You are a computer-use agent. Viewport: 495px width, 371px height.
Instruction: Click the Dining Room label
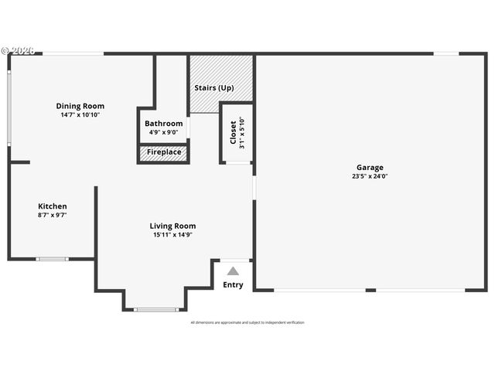[x=80, y=106]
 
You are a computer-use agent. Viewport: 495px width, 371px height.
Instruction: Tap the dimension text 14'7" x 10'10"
[x=80, y=114]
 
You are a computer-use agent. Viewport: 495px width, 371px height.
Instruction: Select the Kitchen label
[x=53, y=206]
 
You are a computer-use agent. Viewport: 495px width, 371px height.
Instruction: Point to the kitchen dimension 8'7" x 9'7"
[x=53, y=215]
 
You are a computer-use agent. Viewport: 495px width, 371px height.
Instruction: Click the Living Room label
[x=172, y=226]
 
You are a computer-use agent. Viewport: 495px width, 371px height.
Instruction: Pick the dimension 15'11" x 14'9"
[x=172, y=234]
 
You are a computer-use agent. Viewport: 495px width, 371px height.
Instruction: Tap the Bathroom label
[x=164, y=124]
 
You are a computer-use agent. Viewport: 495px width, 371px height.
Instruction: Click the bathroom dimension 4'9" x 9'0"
[x=164, y=132]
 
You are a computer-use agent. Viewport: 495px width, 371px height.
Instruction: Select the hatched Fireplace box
[x=164, y=152]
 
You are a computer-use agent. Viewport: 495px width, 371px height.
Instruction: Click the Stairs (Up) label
[x=214, y=87]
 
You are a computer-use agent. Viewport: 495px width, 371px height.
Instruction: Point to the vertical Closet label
[x=233, y=132]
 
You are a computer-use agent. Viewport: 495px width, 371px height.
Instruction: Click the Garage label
[x=370, y=167]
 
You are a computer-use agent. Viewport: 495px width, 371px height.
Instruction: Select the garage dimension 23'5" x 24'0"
[x=370, y=175]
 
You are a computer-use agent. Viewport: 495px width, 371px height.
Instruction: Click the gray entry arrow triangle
[x=233, y=271]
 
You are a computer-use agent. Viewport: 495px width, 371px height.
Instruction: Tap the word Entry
[x=233, y=284]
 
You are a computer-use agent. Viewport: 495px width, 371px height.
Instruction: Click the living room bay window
[x=155, y=310]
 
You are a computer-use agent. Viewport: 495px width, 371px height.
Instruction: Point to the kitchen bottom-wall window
[x=53, y=259]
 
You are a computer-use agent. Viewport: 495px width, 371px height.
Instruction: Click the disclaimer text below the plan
[x=247, y=322]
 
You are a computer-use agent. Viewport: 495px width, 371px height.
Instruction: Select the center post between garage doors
[x=370, y=290]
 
